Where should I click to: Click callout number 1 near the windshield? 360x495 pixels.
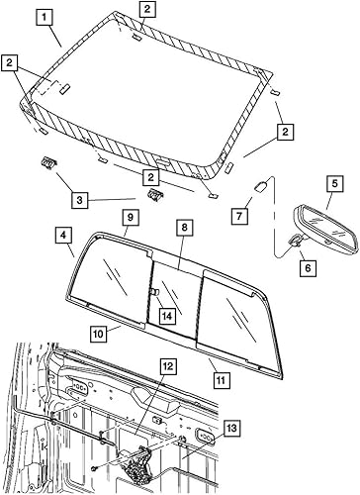click(x=43, y=17)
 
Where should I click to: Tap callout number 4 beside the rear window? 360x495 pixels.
click(x=62, y=236)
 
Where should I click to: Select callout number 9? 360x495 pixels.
click(x=129, y=216)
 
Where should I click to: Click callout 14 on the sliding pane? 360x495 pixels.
click(x=168, y=316)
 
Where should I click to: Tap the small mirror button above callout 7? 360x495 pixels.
click(x=262, y=184)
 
